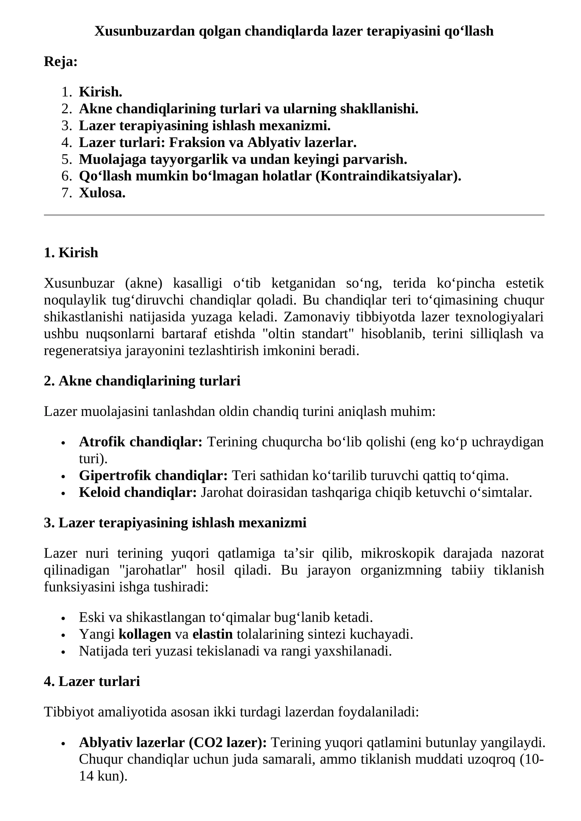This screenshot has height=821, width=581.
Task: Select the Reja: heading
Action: [x=61, y=62]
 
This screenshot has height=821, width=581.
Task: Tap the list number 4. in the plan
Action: [x=67, y=143]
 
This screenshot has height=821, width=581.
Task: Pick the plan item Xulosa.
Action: [x=102, y=193]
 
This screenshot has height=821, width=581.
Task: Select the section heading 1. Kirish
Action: [x=71, y=253]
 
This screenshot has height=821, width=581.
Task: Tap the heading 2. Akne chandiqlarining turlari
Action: [x=142, y=381]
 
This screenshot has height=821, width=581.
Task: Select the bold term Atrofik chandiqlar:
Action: [x=141, y=442]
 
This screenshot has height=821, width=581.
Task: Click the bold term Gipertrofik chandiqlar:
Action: [x=153, y=475]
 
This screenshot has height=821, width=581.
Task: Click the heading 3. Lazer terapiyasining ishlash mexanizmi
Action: [x=175, y=523]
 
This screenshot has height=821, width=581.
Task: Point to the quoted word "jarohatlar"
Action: [x=153, y=570]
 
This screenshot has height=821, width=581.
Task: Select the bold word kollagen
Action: [x=145, y=634]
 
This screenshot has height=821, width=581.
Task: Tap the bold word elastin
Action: [x=212, y=634]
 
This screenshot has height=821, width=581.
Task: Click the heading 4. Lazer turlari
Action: [x=92, y=681]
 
